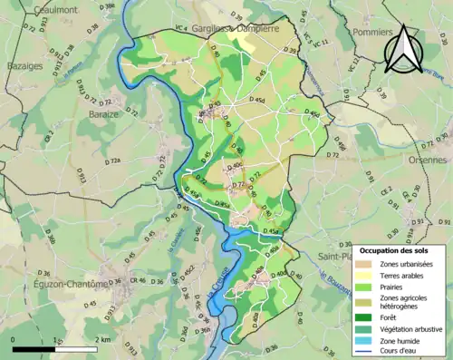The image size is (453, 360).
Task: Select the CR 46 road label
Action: point(138,281)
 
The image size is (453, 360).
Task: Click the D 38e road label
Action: point(106,7)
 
